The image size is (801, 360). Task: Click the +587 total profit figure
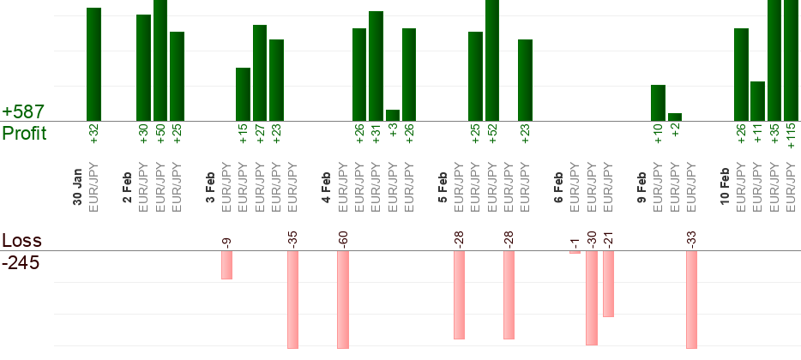click(x=23, y=112)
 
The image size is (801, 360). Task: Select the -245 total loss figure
click(x=21, y=262)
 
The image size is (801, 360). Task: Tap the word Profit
click(x=24, y=134)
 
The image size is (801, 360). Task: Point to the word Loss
click(x=21, y=241)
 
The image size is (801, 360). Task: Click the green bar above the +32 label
click(x=93, y=64)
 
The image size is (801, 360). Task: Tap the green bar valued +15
click(x=243, y=94)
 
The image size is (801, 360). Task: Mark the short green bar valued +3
click(x=393, y=115)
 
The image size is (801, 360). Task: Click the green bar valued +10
click(x=658, y=103)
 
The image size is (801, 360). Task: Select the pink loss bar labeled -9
click(x=226, y=265)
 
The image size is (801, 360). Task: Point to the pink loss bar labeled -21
click(x=608, y=284)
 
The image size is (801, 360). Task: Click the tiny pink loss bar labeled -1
click(x=575, y=252)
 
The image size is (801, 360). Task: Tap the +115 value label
click(x=792, y=138)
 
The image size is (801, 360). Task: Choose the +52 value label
click(x=492, y=135)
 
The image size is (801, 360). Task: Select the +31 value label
click(x=376, y=135)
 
